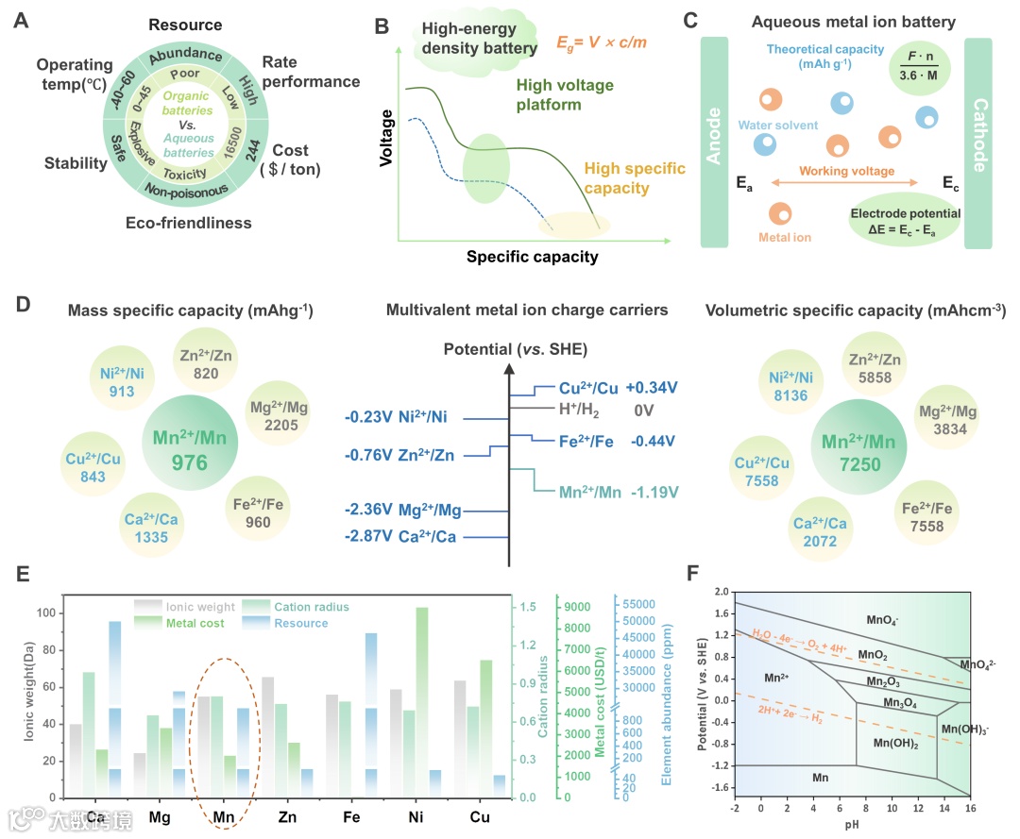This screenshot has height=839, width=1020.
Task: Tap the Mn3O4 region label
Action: tap(902, 702)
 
